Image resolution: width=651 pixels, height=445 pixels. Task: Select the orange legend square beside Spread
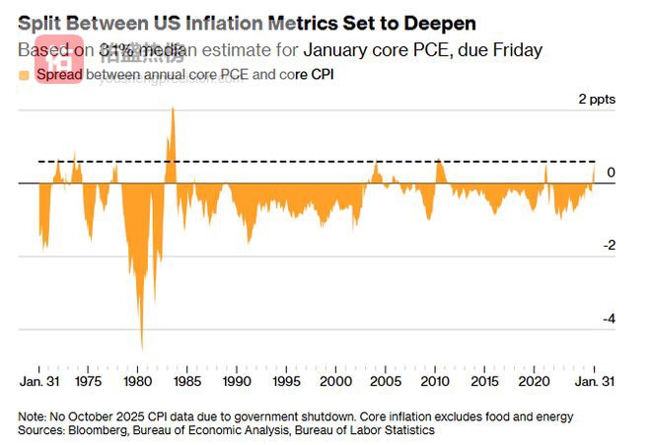(24, 74)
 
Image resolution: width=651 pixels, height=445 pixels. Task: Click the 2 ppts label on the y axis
(597, 99)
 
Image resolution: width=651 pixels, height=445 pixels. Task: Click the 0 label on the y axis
(612, 173)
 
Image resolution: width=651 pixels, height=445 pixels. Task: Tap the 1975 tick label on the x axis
(88, 381)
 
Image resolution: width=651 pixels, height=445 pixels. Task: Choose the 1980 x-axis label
(137, 381)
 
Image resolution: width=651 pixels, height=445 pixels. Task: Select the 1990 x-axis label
(237, 381)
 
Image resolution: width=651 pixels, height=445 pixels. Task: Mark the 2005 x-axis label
(386, 381)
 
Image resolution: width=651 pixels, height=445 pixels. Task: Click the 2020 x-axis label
(534, 381)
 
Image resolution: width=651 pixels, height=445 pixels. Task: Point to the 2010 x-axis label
(435, 381)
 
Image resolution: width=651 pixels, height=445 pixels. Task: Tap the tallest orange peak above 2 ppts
(173, 109)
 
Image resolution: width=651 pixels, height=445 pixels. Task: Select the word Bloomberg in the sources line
(100, 430)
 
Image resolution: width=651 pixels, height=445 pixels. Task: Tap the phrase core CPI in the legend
(307, 74)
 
